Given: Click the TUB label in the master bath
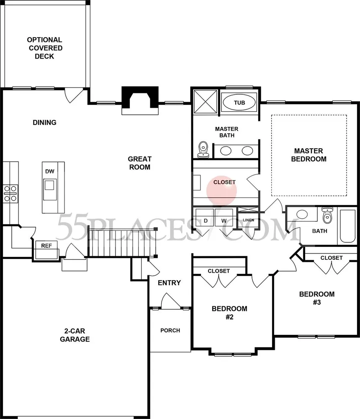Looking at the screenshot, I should [239, 102].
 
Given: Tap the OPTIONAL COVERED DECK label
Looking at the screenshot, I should [45, 48].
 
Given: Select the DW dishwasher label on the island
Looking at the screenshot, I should [50, 171].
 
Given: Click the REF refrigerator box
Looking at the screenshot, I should [46, 246].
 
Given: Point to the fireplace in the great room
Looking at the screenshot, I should [140, 101].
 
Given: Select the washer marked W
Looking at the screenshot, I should [224, 220].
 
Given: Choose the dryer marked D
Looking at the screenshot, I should [206, 220].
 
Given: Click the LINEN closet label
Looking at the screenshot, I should [248, 220].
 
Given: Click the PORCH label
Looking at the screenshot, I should [170, 331].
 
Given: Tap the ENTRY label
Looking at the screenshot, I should [169, 283].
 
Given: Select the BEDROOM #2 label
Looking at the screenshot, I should [229, 313].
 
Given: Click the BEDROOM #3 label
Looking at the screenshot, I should [316, 298].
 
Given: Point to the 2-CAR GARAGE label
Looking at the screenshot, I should [75, 335].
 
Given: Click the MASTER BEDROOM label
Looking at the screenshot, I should [308, 155].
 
